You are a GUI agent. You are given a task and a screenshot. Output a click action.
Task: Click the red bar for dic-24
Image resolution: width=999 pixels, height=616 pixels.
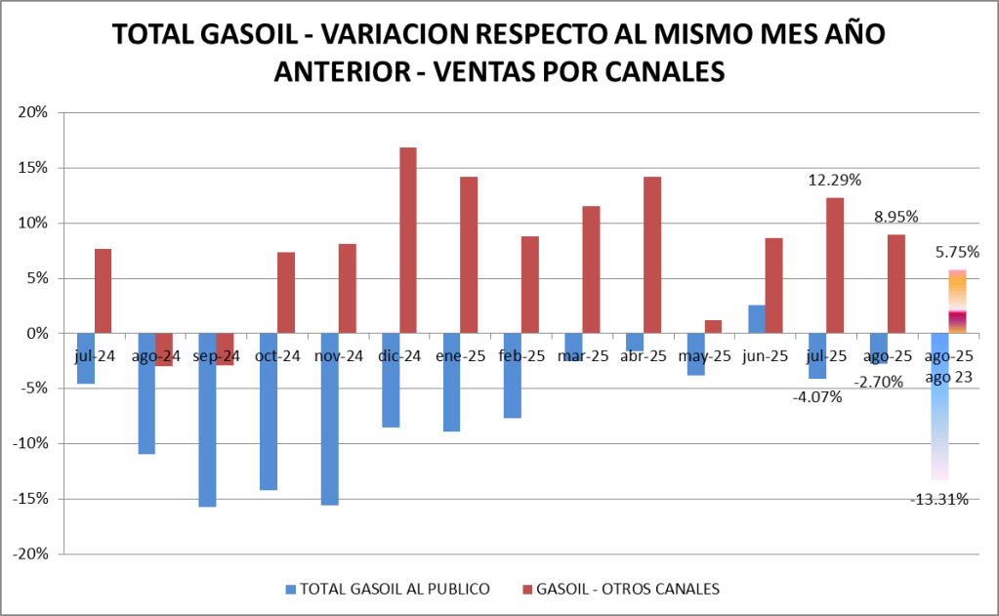[x=408, y=240]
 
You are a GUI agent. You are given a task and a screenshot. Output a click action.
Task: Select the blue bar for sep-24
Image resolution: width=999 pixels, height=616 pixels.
[x=207, y=420]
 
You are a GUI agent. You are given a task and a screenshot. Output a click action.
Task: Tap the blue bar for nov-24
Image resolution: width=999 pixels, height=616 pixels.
[x=329, y=419]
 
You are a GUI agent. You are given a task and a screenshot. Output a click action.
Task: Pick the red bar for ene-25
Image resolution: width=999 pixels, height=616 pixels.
[x=469, y=255]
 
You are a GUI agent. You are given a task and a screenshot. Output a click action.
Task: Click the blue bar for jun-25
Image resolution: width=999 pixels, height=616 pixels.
[x=756, y=319]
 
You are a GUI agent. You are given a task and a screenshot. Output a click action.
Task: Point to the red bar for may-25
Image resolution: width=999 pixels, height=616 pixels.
[x=713, y=327]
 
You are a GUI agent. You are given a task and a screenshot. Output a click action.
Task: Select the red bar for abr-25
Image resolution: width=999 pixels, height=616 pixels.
[x=652, y=255]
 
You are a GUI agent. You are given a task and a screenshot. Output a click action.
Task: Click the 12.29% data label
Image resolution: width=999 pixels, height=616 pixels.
[x=834, y=181]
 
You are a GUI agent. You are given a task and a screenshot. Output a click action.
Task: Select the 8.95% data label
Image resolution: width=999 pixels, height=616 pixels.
[x=895, y=217]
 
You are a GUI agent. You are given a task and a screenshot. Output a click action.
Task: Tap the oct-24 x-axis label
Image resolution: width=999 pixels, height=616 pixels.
[x=277, y=355]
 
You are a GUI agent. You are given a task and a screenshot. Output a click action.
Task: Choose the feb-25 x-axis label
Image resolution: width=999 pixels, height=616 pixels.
[x=521, y=355]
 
